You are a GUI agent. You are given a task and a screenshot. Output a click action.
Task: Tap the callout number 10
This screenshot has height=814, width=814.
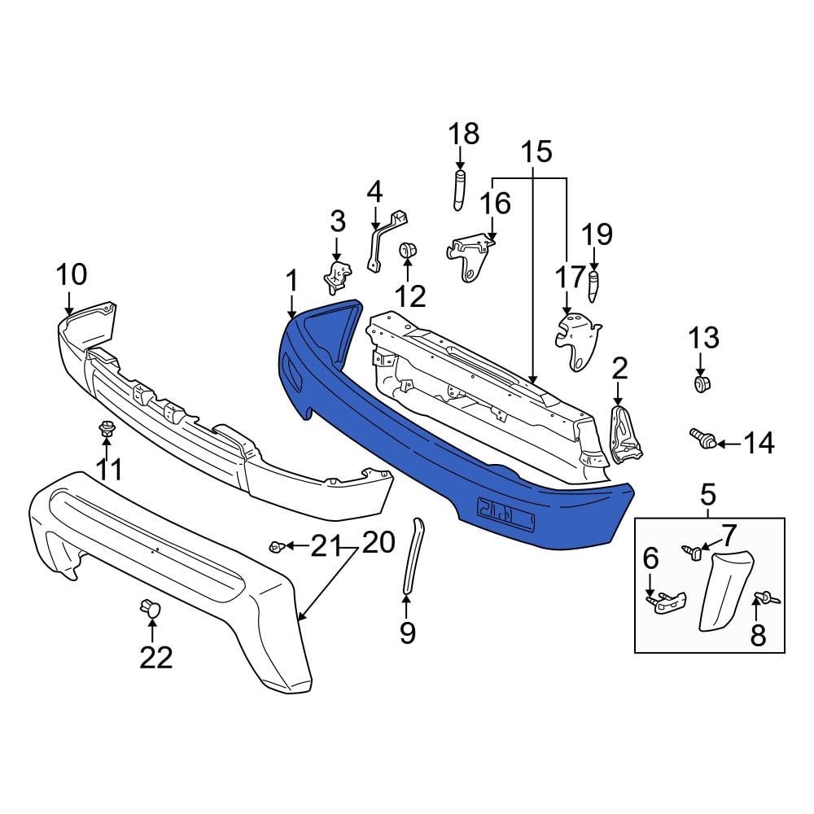click(x=71, y=274)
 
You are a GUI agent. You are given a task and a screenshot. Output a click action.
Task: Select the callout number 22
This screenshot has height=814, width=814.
click(x=155, y=657)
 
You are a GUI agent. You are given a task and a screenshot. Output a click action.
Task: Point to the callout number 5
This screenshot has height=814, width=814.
click(x=707, y=493)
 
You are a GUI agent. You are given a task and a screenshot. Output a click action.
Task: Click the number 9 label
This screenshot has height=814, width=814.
click(x=407, y=632)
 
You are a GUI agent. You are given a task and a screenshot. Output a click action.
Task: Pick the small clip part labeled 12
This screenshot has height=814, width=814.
click(x=408, y=250)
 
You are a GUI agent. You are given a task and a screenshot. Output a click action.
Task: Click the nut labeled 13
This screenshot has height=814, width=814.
click(x=701, y=383)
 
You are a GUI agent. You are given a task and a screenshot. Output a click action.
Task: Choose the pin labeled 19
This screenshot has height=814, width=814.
click(x=594, y=287)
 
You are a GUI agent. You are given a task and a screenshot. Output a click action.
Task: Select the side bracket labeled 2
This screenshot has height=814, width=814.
click(x=624, y=435)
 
